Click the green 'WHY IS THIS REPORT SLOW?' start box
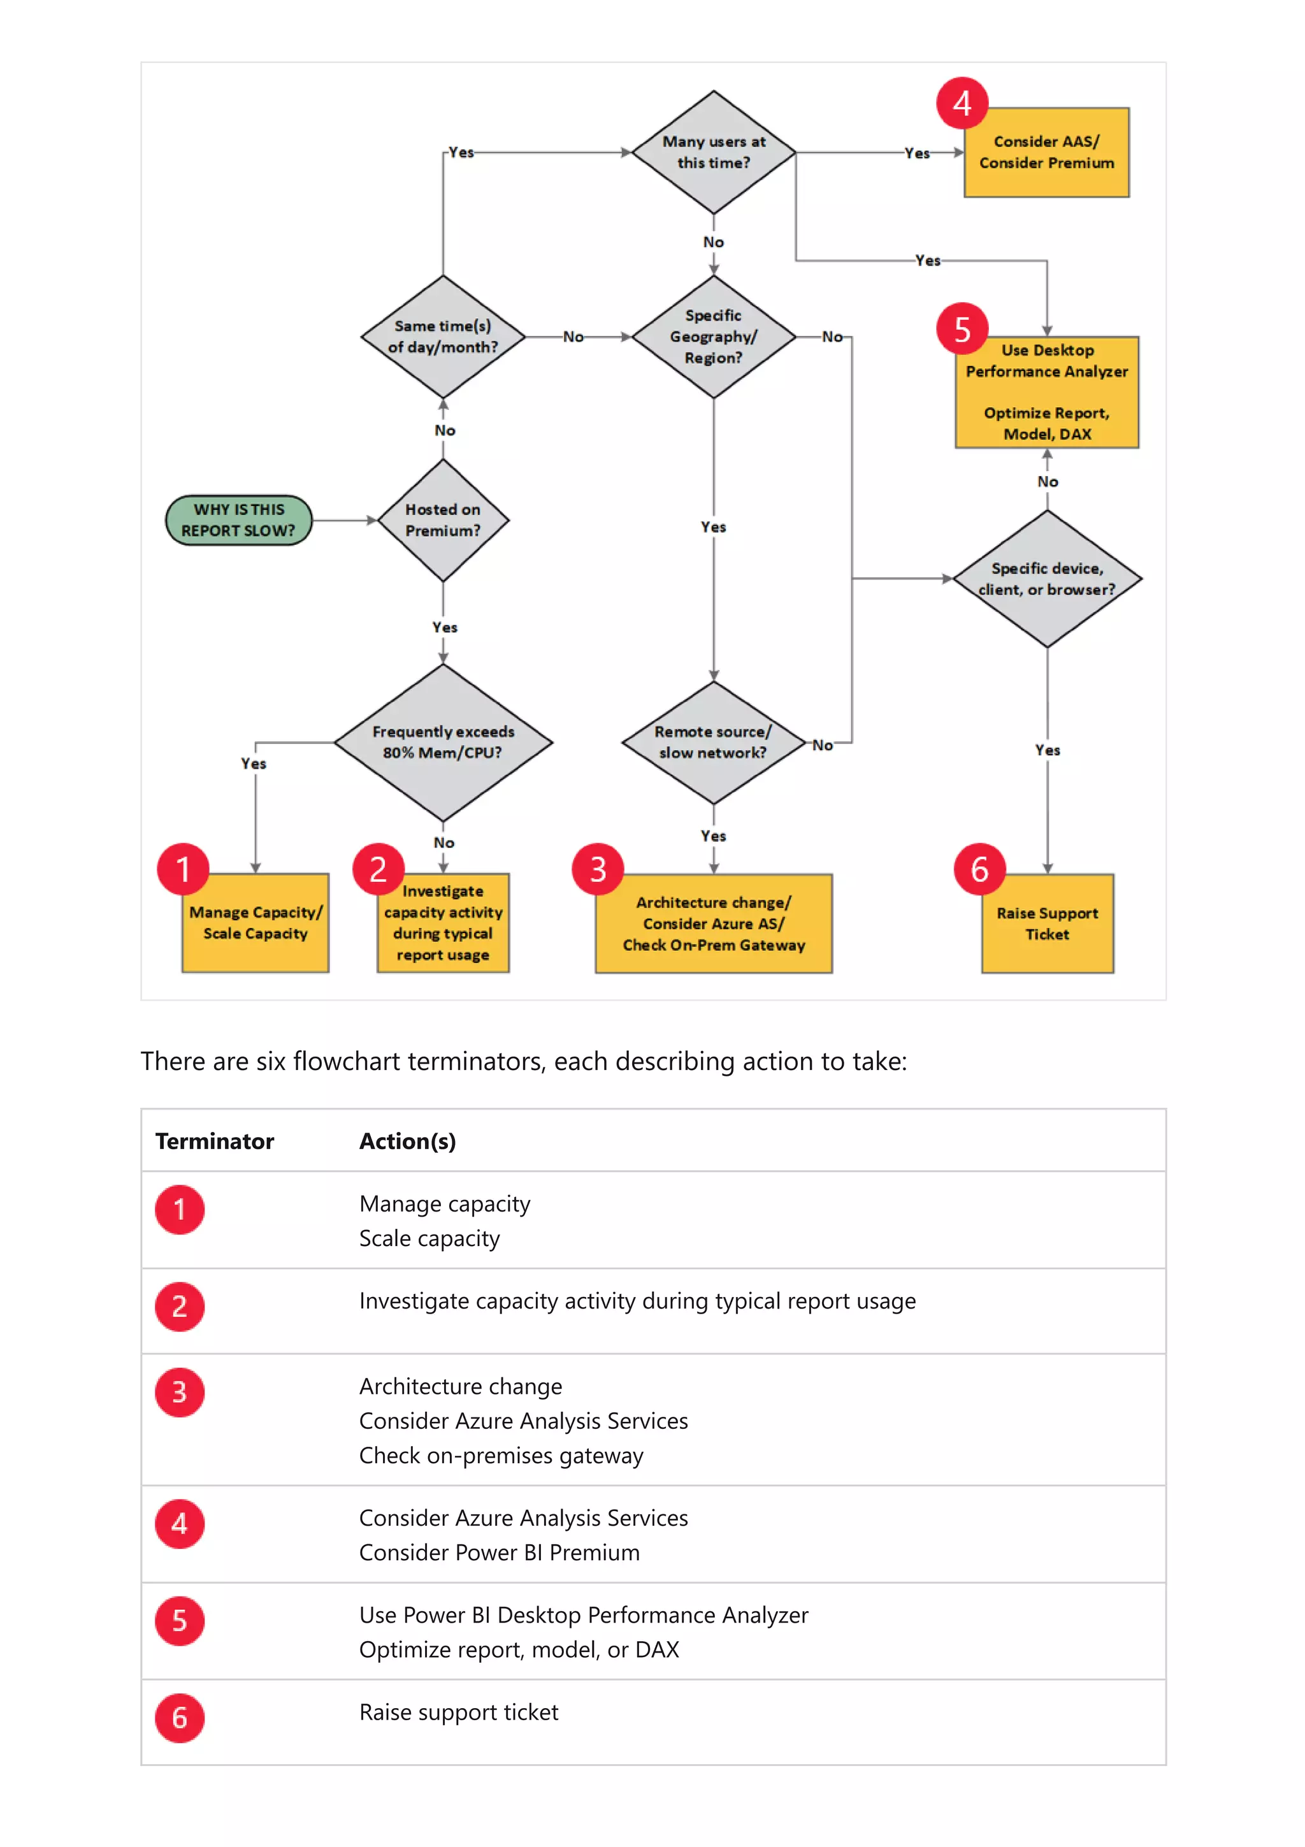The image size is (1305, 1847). [x=238, y=519]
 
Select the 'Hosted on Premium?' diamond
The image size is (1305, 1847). [x=442, y=519]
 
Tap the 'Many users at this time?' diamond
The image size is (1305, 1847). [x=713, y=152]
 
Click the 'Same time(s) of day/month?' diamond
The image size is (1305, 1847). [x=442, y=337]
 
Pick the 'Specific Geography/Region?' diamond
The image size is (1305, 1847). [x=713, y=337]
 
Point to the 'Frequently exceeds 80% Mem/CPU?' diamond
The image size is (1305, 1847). [x=442, y=742]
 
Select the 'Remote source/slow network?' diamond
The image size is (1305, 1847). [x=713, y=742]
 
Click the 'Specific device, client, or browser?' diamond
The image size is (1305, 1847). [x=1046, y=579]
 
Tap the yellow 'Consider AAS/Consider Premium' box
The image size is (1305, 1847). [x=1046, y=152]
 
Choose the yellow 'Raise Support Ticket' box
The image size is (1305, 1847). [x=1047, y=923]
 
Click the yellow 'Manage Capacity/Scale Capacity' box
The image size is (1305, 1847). [x=255, y=923]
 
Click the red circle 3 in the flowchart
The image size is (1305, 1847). [x=598, y=869]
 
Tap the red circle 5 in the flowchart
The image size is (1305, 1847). [x=962, y=329]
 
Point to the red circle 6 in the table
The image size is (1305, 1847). [x=179, y=1718]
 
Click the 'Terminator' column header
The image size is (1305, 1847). [x=215, y=1141]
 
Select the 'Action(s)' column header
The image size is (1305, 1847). [x=407, y=1141]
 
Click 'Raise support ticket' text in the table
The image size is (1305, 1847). [x=458, y=1712]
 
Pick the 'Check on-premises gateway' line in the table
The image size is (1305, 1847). [x=501, y=1455]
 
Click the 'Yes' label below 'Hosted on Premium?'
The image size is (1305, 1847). [x=444, y=627]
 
